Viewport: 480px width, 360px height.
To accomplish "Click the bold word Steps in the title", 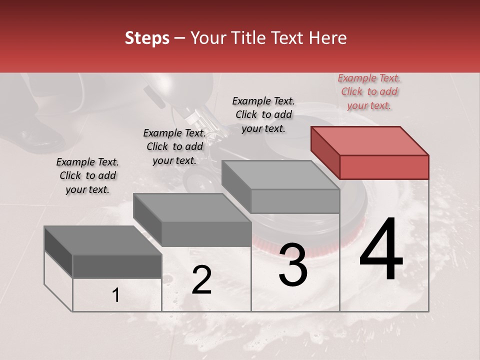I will pos(147,38).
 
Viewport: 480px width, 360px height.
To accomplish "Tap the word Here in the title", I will pos(327,38).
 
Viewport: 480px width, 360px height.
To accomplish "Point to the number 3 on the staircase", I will pos(292,264).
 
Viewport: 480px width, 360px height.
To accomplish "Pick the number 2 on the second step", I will pos(201,280).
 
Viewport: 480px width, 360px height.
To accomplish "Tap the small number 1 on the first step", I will pos(115,295).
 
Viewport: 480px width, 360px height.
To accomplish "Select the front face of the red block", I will pos(384,167).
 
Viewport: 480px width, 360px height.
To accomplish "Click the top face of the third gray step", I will pos(280,174).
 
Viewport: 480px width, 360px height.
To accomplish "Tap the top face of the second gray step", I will pos(192,207).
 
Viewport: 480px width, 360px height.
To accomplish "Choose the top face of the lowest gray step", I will pos(103,240).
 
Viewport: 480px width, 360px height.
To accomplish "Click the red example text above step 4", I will pos(369,91).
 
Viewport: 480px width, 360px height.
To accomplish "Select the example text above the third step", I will pos(263,114).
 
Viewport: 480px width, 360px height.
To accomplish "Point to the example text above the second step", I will pos(174,146).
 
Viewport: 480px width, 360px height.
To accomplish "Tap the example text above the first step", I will pos(87,175).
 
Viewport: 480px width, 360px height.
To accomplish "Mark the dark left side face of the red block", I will pos(325,152).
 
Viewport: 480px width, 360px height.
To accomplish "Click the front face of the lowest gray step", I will pos(117,266).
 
